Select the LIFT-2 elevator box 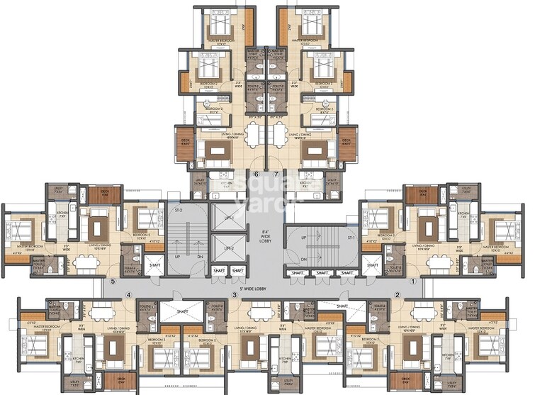pos(228,249)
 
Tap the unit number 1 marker pos(424,282)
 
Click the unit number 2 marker pos(398,294)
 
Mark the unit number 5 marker pos(113,282)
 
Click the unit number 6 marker pos(256,174)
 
